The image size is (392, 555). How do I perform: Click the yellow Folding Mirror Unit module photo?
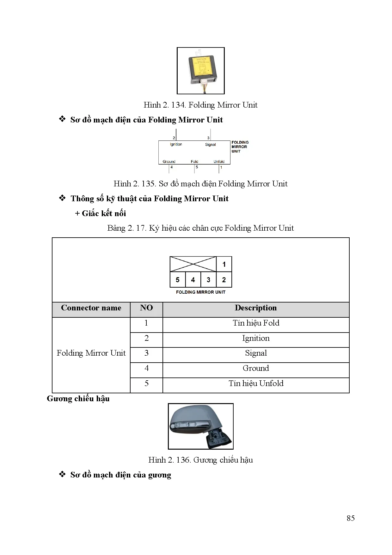(200, 70)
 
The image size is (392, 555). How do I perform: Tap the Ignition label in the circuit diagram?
(176, 144)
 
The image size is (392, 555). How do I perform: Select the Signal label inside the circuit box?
(210, 145)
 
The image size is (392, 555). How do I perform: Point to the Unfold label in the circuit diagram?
(219, 161)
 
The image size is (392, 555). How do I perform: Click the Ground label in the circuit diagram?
(169, 161)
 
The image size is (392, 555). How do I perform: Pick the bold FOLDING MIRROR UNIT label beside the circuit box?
(240, 147)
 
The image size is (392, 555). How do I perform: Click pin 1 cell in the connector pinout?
(224, 264)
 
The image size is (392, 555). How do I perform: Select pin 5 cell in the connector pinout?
(178, 280)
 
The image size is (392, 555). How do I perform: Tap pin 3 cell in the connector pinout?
(208, 280)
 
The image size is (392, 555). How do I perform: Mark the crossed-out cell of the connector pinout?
(193, 264)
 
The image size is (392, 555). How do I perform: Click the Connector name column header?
(91, 308)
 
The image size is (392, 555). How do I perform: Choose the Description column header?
(256, 308)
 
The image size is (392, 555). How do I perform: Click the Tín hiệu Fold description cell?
(256, 323)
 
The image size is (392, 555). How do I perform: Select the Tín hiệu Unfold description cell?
(256, 384)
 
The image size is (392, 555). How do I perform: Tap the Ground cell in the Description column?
(256, 368)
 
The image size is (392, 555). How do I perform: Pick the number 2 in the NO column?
(146, 338)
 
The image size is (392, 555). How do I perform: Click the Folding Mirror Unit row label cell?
(91, 353)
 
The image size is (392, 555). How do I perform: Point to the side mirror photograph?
(200, 426)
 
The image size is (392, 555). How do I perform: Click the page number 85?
(351, 518)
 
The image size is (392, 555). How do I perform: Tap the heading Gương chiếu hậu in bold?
(78, 399)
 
